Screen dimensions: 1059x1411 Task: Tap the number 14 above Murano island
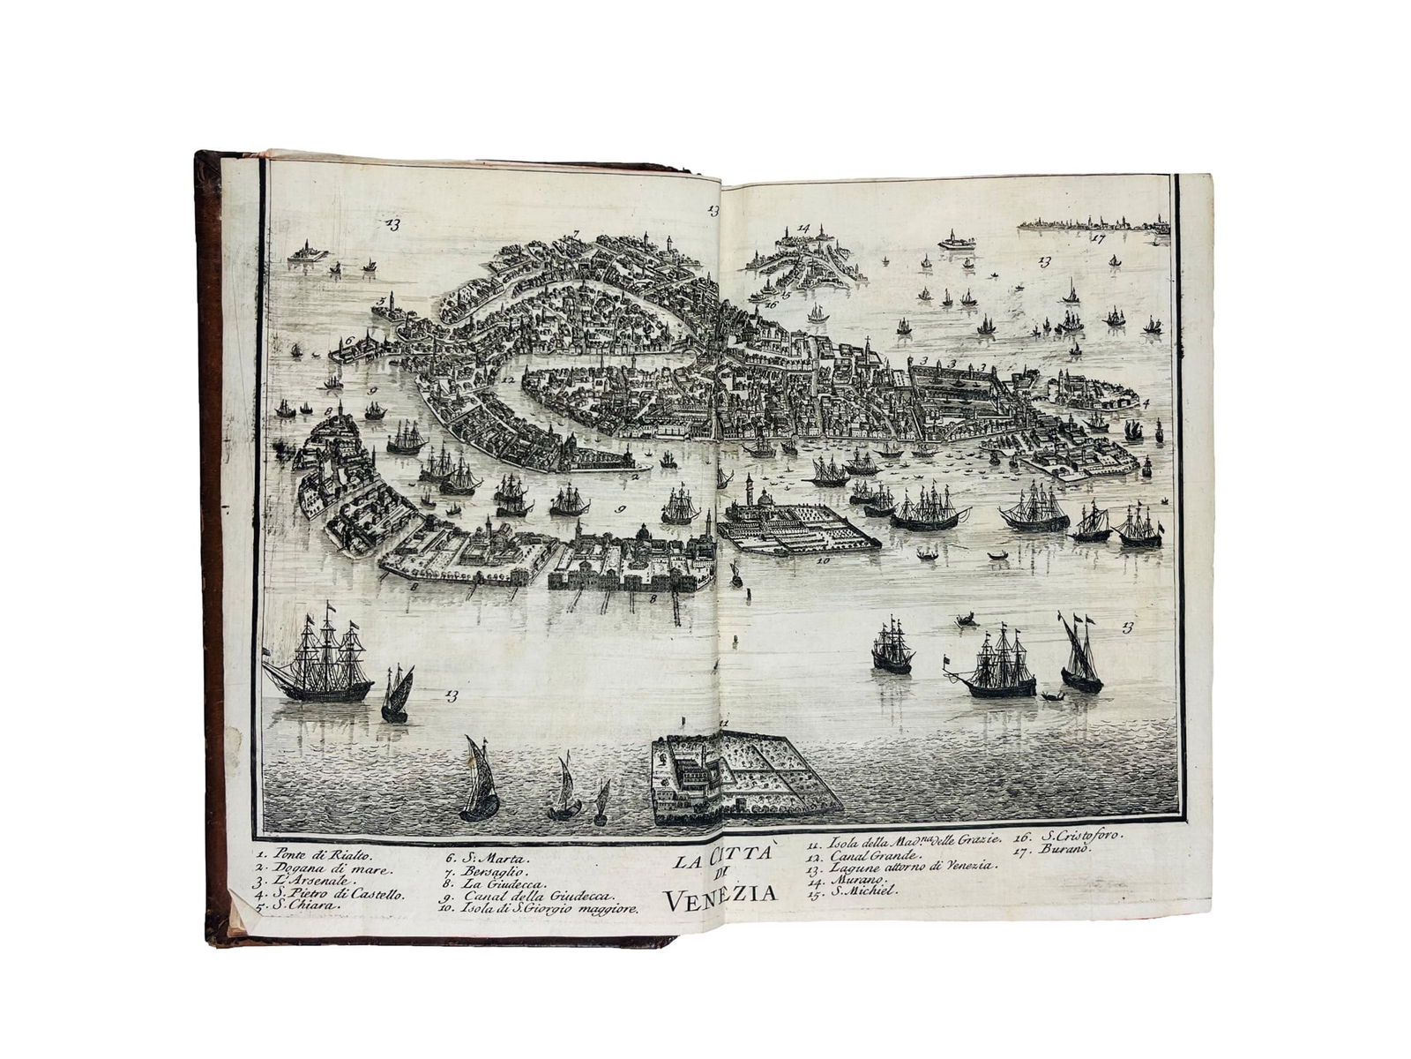(x=803, y=228)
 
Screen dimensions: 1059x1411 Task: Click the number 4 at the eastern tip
(x=1146, y=403)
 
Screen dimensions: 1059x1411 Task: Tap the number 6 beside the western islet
(x=349, y=339)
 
